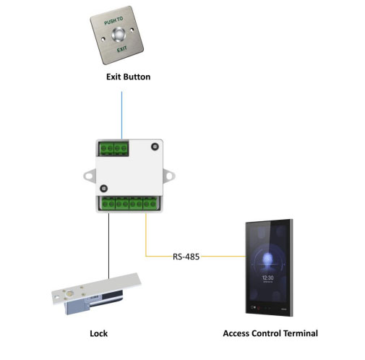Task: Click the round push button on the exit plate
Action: pos(119,35)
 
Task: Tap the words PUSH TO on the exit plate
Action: pos(113,21)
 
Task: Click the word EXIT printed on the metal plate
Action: pos(122,49)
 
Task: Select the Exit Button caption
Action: pos(129,77)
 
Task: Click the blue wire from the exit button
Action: pos(121,115)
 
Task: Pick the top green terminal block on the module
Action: pos(113,149)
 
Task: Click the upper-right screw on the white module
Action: pos(155,147)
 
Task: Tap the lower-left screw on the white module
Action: pos(104,189)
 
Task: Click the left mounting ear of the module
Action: pos(90,176)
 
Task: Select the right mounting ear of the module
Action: pos(169,176)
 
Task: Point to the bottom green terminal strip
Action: pos(129,204)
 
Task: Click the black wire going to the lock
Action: pos(108,246)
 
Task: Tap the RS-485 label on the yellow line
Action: pos(186,257)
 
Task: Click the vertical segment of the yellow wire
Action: pos(146,234)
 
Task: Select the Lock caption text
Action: pos(99,333)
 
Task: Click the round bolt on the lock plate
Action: pos(70,293)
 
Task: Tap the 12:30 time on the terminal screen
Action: pos(268,278)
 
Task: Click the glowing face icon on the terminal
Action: pos(267,258)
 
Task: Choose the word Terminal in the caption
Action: pos(301,333)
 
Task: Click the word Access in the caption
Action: pos(236,333)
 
